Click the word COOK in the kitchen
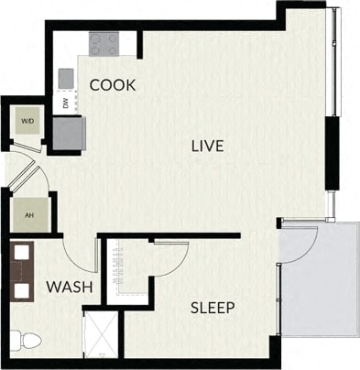114,85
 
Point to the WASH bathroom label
71,287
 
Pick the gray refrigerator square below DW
69,134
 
